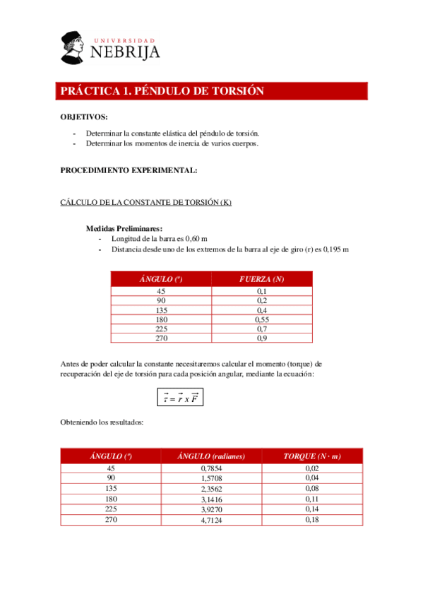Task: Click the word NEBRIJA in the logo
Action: pyautogui.click(x=125, y=52)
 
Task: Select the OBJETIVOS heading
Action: pyautogui.click(x=84, y=117)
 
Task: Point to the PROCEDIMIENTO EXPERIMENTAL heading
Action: pyautogui.click(x=129, y=170)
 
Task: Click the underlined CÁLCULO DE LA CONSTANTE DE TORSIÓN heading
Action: pyautogui.click(x=146, y=203)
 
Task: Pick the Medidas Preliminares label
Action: pyautogui.click(x=124, y=228)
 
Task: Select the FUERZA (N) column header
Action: pyautogui.click(x=261, y=280)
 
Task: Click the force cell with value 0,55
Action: pyautogui.click(x=261, y=319)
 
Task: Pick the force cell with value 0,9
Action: pyautogui.click(x=261, y=338)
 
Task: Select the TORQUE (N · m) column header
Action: pyautogui.click(x=312, y=456)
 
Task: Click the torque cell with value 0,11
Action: pyautogui.click(x=312, y=499)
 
